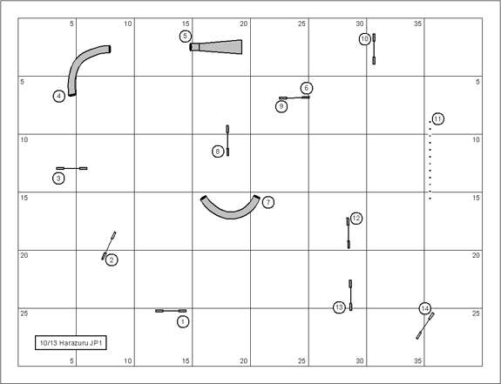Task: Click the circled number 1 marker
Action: click(x=183, y=321)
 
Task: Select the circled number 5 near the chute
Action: click(x=186, y=37)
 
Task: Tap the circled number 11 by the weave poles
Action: click(x=437, y=119)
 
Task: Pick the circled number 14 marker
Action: click(x=424, y=308)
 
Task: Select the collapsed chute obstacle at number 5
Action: click(x=216, y=47)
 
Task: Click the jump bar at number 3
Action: click(x=71, y=168)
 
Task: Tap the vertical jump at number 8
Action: click(x=227, y=140)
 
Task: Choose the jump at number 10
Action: click(x=374, y=49)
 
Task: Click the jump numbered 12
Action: click(x=349, y=233)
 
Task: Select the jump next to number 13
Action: click(x=350, y=295)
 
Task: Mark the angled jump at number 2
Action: click(x=109, y=246)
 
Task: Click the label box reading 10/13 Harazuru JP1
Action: click(x=71, y=343)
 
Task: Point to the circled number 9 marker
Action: click(x=281, y=106)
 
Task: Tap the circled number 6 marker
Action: click(x=307, y=88)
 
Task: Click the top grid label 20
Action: click(x=243, y=24)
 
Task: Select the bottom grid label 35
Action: click(x=418, y=361)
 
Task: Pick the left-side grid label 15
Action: click(x=24, y=198)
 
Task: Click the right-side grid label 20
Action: click(x=476, y=255)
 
